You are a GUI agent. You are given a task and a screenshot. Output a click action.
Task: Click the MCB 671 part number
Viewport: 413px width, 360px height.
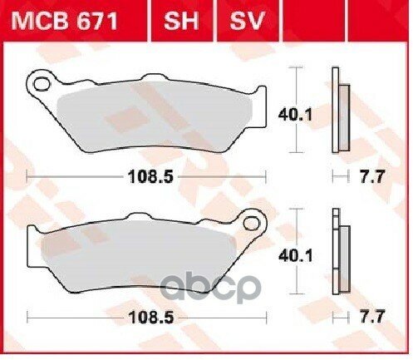[65, 21]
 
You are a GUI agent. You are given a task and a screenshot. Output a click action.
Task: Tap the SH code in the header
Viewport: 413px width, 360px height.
[181, 21]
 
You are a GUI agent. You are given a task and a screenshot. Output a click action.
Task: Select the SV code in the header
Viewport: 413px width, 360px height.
[248, 21]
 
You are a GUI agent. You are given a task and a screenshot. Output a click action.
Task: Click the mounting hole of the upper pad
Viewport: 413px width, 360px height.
[42, 85]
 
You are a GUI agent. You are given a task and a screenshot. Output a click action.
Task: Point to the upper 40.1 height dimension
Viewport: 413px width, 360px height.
[295, 115]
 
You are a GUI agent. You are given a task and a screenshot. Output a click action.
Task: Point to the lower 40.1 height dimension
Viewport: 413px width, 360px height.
[296, 255]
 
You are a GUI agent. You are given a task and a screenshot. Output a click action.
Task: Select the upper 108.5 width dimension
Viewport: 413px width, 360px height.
[151, 176]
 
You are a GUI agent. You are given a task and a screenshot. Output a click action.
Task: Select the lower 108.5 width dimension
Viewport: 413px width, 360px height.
[151, 318]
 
